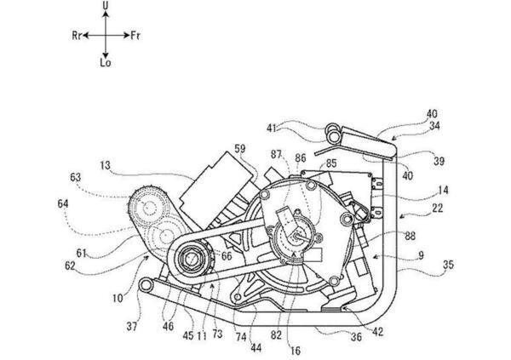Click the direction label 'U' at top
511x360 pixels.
coord(105,7)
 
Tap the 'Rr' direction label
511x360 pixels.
coord(78,37)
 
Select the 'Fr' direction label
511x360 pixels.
coord(135,37)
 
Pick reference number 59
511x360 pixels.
coord(239,148)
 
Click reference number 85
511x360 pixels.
coord(331,162)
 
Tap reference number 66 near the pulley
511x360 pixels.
coord(226,255)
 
